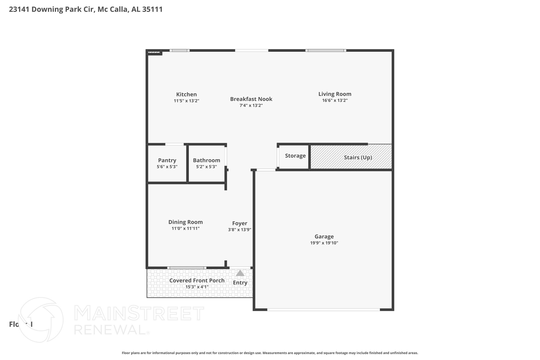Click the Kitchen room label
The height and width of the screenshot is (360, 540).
[x=186, y=94]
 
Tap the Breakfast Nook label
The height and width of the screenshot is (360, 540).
[x=251, y=99]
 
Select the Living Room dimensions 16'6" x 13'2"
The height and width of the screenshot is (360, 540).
[x=335, y=100]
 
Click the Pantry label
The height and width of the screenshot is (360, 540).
[x=167, y=160]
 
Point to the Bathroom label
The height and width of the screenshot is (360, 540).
[x=206, y=160]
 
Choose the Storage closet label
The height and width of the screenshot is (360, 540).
[x=295, y=156]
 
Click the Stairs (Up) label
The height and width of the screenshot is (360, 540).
[x=358, y=157]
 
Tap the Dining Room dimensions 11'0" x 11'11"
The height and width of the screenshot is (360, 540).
[x=185, y=228]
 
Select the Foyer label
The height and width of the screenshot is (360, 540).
[x=239, y=223]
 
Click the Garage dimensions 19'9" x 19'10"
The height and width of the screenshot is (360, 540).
[x=324, y=243]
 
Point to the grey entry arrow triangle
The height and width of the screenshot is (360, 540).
[x=240, y=273]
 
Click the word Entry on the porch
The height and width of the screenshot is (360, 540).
[x=240, y=283]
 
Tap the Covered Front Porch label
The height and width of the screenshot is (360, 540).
[x=197, y=281]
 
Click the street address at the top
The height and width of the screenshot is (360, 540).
[x=86, y=9]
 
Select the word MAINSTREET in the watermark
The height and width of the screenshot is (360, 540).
[x=139, y=313]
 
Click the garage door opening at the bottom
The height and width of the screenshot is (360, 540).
[x=324, y=310]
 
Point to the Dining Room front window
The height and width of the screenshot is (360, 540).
[x=187, y=268]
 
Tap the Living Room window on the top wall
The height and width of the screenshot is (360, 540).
[x=326, y=50]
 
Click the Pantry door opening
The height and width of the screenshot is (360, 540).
[x=174, y=144]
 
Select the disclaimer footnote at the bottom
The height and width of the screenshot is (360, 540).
[x=270, y=353]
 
